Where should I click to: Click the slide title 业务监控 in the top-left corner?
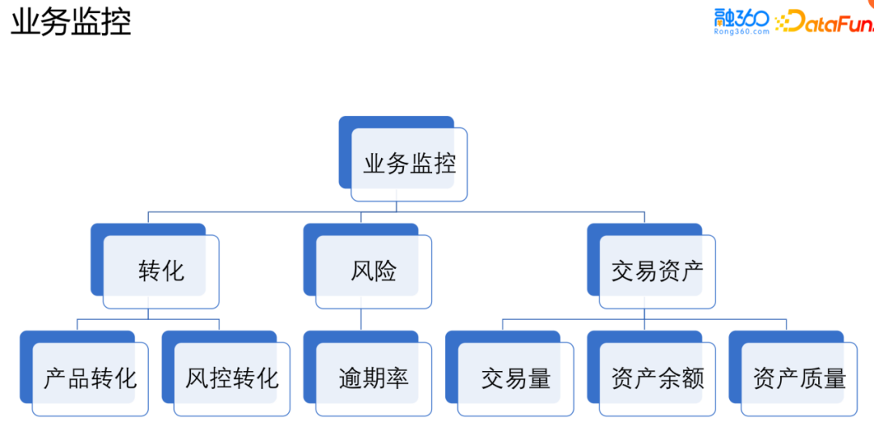point(70,23)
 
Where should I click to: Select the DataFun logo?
point(825,21)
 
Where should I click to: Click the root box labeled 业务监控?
point(409,164)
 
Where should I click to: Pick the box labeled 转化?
point(161,271)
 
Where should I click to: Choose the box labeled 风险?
point(373,271)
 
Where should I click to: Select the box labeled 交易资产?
point(656,271)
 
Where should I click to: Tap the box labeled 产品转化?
point(90,377)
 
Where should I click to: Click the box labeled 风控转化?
point(231,377)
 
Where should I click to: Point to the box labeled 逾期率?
point(373,377)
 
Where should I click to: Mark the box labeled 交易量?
point(515,377)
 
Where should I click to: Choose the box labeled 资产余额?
point(657,377)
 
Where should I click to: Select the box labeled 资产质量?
point(799,377)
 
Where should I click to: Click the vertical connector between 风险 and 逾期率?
point(361,319)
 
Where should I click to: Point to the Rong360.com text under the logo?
point(741,32)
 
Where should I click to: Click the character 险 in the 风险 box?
point(385,271)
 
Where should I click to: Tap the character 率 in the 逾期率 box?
point(397,377)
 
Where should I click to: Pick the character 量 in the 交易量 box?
point(539,377)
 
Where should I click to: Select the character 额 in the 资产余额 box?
point(693,377)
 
